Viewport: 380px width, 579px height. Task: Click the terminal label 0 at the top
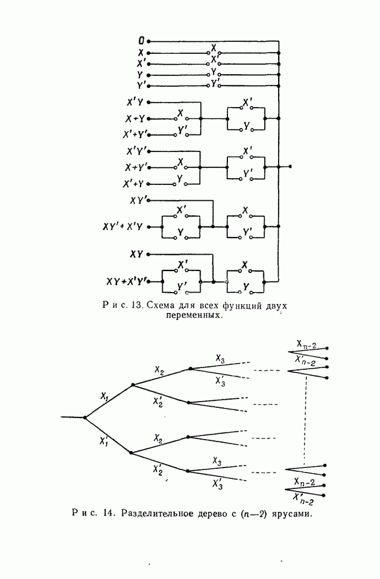[141, 42]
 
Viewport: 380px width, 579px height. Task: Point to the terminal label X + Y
[134, 118]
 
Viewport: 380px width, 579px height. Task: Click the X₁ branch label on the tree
[104, 395]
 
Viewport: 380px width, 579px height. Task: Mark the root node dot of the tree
[85, 417]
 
